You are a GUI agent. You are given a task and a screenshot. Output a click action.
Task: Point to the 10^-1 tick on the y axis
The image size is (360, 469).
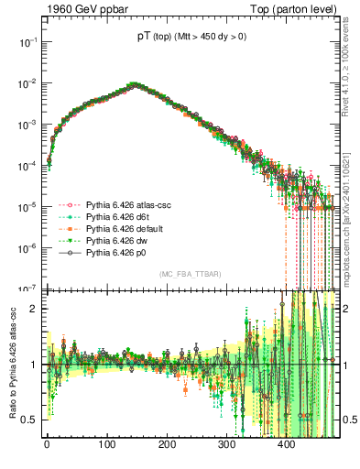pos(25,42)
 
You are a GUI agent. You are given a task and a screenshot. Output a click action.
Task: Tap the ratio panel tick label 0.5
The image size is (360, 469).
pos(27,420)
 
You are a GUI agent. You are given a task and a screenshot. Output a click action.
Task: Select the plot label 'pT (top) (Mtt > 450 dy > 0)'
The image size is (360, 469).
pos(192,38)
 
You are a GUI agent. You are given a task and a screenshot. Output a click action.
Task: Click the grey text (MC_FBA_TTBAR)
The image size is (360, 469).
pos(190,275)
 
